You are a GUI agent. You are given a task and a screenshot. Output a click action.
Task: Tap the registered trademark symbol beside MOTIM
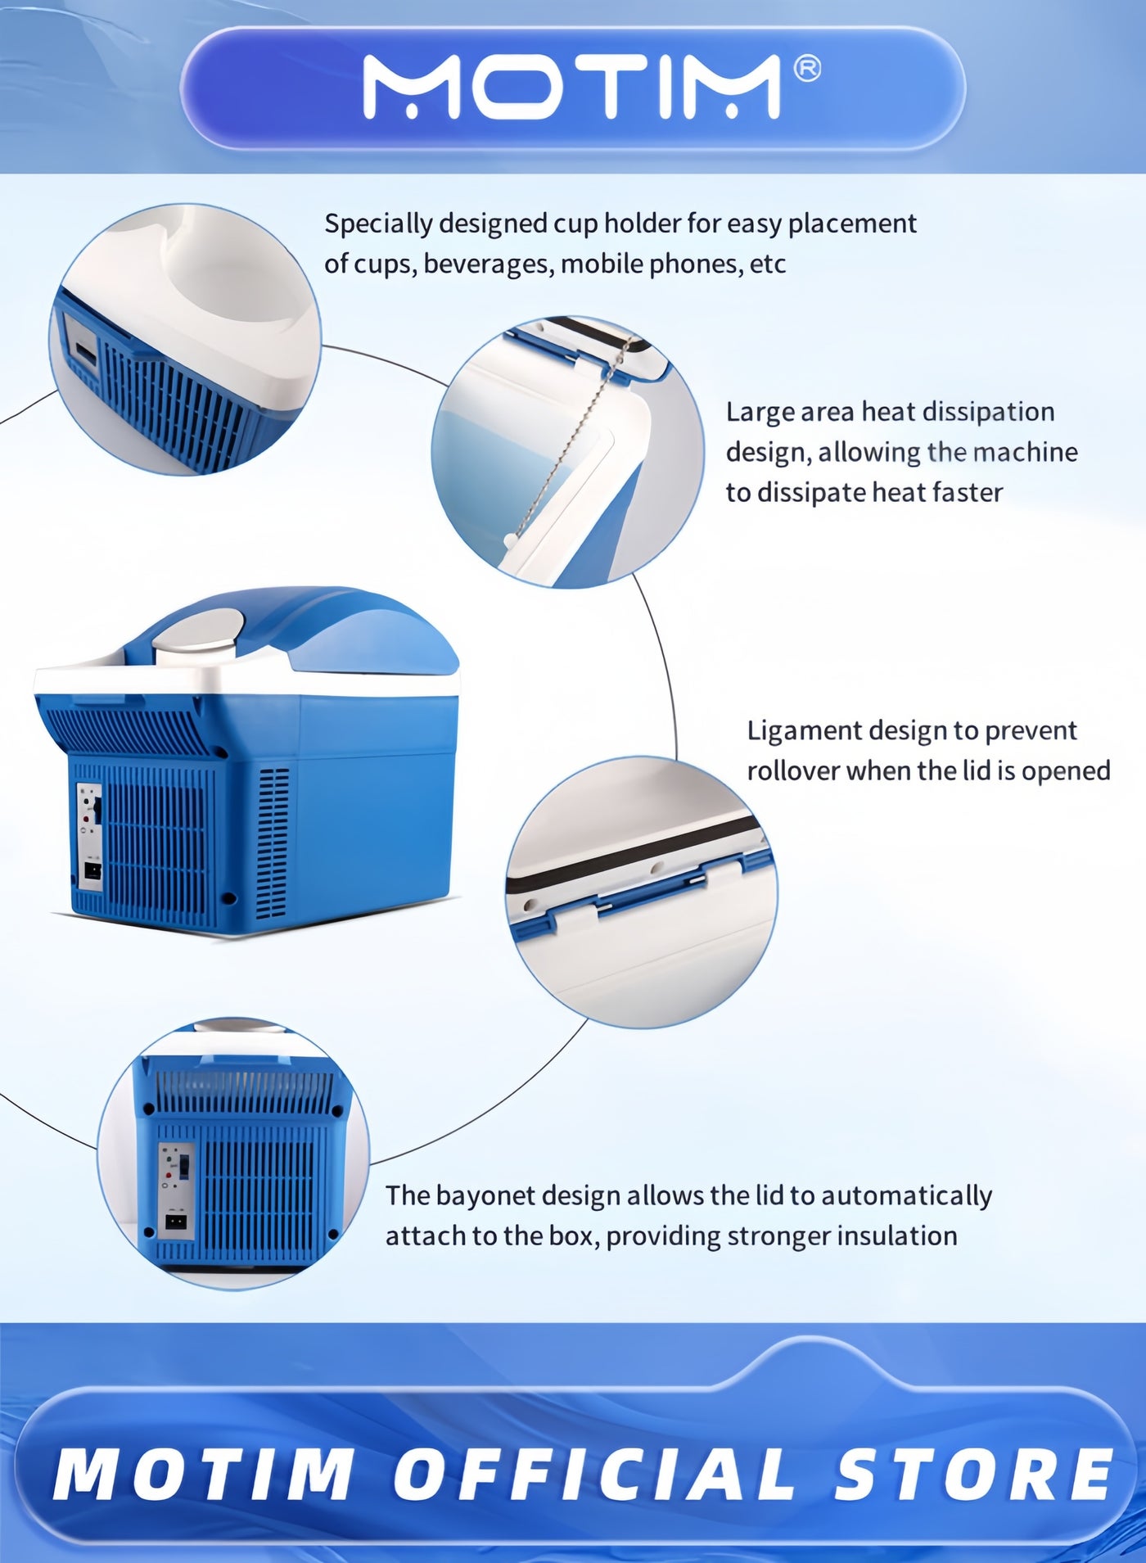(x=807, y=70)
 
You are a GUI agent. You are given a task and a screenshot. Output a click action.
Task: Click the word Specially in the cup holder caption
(x=379, y=224)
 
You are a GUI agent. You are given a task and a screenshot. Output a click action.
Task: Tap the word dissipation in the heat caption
(x=990, y=412)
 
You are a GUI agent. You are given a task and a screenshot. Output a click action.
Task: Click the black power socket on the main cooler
(x=92, y=874)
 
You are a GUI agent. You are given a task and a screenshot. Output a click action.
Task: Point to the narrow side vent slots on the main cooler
(x=273, y=843)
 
